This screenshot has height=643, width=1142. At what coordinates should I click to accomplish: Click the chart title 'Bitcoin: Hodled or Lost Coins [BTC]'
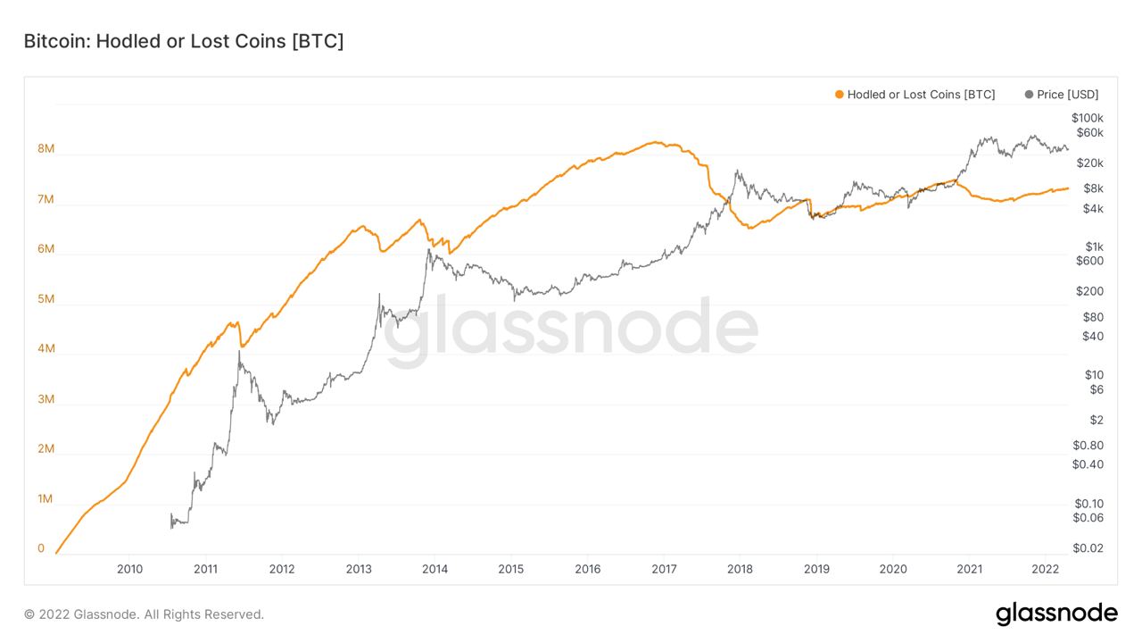coord(183,41)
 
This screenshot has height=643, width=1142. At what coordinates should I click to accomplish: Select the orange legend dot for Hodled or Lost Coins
coord(839,95)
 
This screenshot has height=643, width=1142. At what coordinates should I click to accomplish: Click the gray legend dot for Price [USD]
coord(1030,95)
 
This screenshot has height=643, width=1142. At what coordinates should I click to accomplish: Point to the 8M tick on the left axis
coord(46,149)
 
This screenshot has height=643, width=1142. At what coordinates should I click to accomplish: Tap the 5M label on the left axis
coord(46,299)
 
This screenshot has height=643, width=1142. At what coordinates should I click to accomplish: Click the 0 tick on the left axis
coord(41,548)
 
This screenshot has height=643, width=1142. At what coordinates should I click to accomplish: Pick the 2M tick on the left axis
coord(46,449)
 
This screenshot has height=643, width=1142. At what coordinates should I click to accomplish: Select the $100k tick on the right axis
coord(1088,118)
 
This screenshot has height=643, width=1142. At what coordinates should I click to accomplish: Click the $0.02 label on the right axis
coord(1088,548)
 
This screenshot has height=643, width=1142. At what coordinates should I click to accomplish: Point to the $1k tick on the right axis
coord(1093,246)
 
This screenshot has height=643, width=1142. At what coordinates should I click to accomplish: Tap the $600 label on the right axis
coord(1089,261)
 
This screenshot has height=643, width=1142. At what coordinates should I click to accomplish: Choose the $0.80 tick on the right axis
coord(1088,446)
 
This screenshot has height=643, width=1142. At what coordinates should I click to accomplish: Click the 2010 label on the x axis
coord(129,569)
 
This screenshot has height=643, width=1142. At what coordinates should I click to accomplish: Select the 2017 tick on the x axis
coord(664,569)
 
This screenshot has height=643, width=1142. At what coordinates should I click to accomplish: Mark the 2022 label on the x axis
coord(1046,569)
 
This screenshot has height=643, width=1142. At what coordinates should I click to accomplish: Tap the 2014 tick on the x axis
coord(434,569)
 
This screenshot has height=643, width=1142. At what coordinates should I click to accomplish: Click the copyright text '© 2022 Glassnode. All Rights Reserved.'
coord(144,614)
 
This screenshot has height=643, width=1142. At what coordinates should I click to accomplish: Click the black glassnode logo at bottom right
coord(1056,614)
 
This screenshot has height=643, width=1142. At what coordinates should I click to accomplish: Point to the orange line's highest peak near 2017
coord(655,142)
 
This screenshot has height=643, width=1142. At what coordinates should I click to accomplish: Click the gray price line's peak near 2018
coord(737,171)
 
